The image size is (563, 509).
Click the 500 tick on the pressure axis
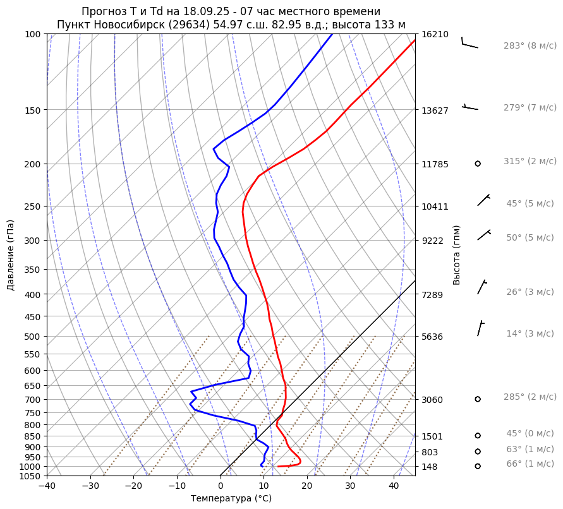(x=33, y=336)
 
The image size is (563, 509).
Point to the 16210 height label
(x=435, y=34)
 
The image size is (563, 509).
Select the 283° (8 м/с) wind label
(x=530, y=45)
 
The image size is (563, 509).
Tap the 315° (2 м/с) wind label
(x=530, y=161)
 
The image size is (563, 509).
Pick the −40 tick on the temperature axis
(x=47, y=486)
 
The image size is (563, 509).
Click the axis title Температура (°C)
(x=231, y=499)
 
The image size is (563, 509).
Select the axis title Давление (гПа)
(x=10, y=254)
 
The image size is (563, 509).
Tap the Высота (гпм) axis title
(x=457, y=254)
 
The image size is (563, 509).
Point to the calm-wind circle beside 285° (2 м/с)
(x=478, y=399)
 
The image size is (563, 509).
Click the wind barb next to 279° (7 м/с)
(x=470, y=107)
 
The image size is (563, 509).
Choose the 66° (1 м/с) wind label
(x=530, y=464)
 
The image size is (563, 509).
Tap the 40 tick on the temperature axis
(x=394, y=486)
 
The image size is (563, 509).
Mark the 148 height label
(x=430, y=467)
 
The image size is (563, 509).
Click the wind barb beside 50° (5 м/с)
(x=484, y=235)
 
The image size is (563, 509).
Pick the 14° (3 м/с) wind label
(x=530, y=333)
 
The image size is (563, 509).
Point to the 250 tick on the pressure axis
(x=33, y=207)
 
